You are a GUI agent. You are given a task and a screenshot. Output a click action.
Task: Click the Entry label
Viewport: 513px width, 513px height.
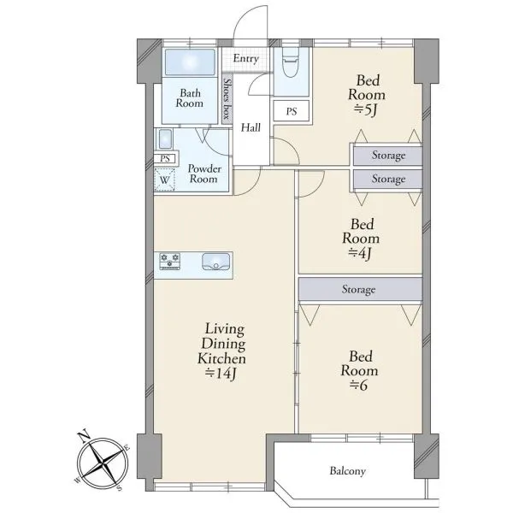(245, 58)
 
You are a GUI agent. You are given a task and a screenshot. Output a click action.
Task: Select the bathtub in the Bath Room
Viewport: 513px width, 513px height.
(190, 62)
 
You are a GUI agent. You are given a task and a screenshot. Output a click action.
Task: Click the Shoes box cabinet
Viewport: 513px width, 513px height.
(227, 100)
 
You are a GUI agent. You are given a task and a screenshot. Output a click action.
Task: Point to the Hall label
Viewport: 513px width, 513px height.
(251, 127)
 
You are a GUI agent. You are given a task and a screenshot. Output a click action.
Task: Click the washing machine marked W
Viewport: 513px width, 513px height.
(164, 180)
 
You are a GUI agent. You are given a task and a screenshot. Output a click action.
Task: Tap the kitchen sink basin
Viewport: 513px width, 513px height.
(216, 262)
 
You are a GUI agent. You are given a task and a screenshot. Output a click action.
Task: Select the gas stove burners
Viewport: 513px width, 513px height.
(169, 262)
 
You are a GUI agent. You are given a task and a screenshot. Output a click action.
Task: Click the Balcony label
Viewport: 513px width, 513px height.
(347, 471)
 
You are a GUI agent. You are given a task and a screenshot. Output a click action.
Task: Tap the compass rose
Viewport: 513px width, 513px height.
(103, 462)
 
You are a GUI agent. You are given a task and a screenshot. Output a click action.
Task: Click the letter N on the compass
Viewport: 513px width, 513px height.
(84, 435)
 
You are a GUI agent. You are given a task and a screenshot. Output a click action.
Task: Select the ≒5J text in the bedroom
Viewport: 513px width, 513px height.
(365, 110)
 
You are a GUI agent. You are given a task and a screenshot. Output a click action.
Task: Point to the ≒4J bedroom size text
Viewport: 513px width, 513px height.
(359, 253)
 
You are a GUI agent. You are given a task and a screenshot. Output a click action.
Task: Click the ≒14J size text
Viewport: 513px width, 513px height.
(221, 374)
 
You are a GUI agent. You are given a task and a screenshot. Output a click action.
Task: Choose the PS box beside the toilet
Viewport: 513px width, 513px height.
(292, 111)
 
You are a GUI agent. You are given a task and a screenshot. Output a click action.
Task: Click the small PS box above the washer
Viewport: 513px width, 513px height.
(165, 159)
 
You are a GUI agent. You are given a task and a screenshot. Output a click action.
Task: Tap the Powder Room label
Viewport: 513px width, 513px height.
(204, 174)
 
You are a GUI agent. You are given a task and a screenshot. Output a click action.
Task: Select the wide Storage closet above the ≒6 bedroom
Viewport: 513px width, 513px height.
(360, 289)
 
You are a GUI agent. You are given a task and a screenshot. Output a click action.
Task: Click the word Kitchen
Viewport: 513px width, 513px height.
(221, 358)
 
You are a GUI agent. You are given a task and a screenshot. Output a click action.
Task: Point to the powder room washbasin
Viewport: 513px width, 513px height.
(165, 139)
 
